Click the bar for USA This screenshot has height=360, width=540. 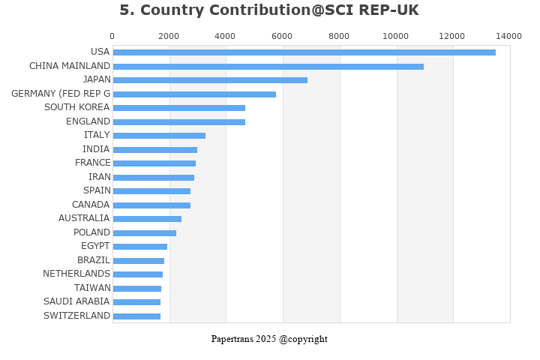click(304, 52)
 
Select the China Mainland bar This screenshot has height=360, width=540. click(268, 67)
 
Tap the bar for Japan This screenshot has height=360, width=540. click(210, 80)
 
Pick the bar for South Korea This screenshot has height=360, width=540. click(178, 108)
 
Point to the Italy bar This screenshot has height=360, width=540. click(159, 136)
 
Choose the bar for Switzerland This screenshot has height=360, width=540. click(136, 316)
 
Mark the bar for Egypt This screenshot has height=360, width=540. click(139, 247)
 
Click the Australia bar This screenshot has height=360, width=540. click(147, 219)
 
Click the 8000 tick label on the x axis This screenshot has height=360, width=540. click(339, 36)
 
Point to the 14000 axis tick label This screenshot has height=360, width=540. click(508, 36)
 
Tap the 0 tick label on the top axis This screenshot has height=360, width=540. click(112, 36)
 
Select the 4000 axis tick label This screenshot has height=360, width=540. click(226, 36)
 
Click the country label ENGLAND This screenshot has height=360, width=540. click(88, 121)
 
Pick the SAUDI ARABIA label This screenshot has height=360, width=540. click(77, 301)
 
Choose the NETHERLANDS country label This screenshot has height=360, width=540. click(76, 274)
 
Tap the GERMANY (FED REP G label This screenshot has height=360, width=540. click(61, 94)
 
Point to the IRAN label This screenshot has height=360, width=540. click(99, 177)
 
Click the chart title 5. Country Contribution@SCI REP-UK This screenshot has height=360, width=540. click(269, 10)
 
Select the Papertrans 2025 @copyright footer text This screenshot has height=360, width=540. click(269, 339)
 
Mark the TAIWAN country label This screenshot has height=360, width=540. click(92, 288)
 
